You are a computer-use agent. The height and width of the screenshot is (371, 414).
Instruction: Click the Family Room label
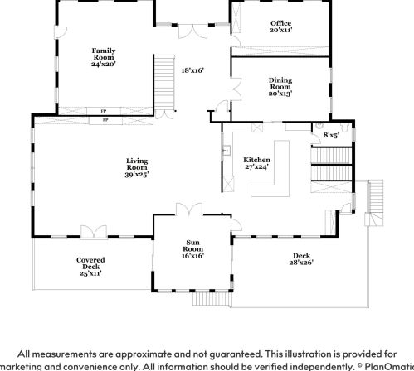104,55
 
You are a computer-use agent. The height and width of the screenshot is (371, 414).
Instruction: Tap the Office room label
280,26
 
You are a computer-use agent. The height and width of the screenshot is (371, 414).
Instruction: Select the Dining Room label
280,86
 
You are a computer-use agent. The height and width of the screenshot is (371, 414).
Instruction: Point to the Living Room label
136,167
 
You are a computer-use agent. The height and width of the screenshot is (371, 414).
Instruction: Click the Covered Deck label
90,265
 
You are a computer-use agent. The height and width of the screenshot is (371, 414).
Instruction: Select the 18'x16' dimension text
192,70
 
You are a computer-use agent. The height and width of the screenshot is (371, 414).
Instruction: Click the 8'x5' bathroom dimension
330,134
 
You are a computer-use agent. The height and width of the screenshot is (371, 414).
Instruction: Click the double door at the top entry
192,30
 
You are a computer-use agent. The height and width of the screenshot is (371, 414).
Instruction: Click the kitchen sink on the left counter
226,152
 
